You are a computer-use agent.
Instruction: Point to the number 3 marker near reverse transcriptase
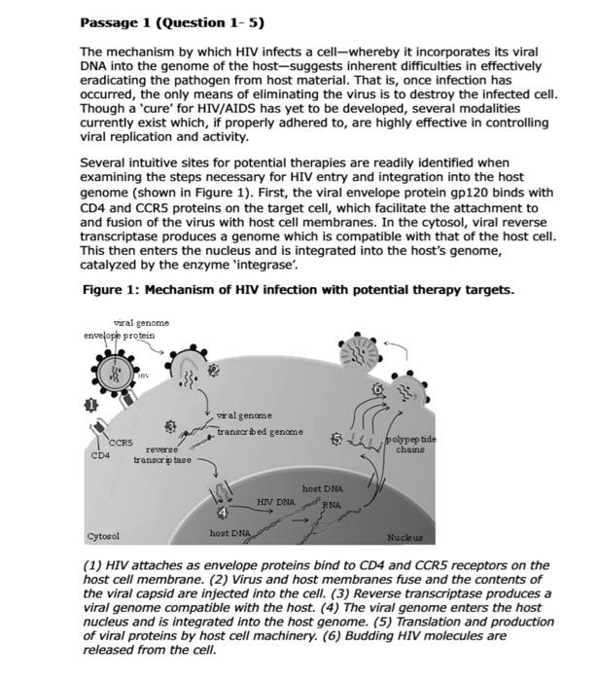point(171,426)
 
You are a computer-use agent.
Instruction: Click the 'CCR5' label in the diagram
point(122,443)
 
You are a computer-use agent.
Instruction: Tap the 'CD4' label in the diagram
point(101,454)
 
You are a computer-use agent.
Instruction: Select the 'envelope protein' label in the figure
point(121,335)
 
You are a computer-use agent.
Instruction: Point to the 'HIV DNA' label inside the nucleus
point(276,501)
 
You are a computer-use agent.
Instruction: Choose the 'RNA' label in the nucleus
point(332,505)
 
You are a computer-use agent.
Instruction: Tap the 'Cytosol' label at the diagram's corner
point(103,536)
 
